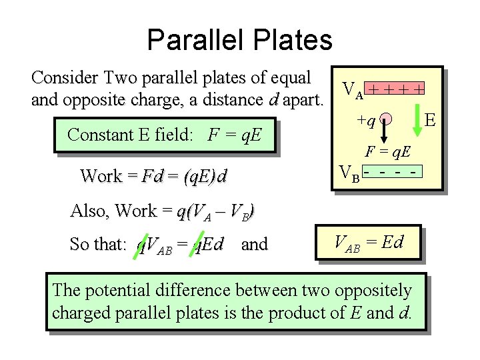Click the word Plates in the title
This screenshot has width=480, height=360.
293,40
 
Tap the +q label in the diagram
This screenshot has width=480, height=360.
366,121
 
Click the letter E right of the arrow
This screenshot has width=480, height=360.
431,121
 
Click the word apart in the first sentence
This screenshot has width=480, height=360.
303,101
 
